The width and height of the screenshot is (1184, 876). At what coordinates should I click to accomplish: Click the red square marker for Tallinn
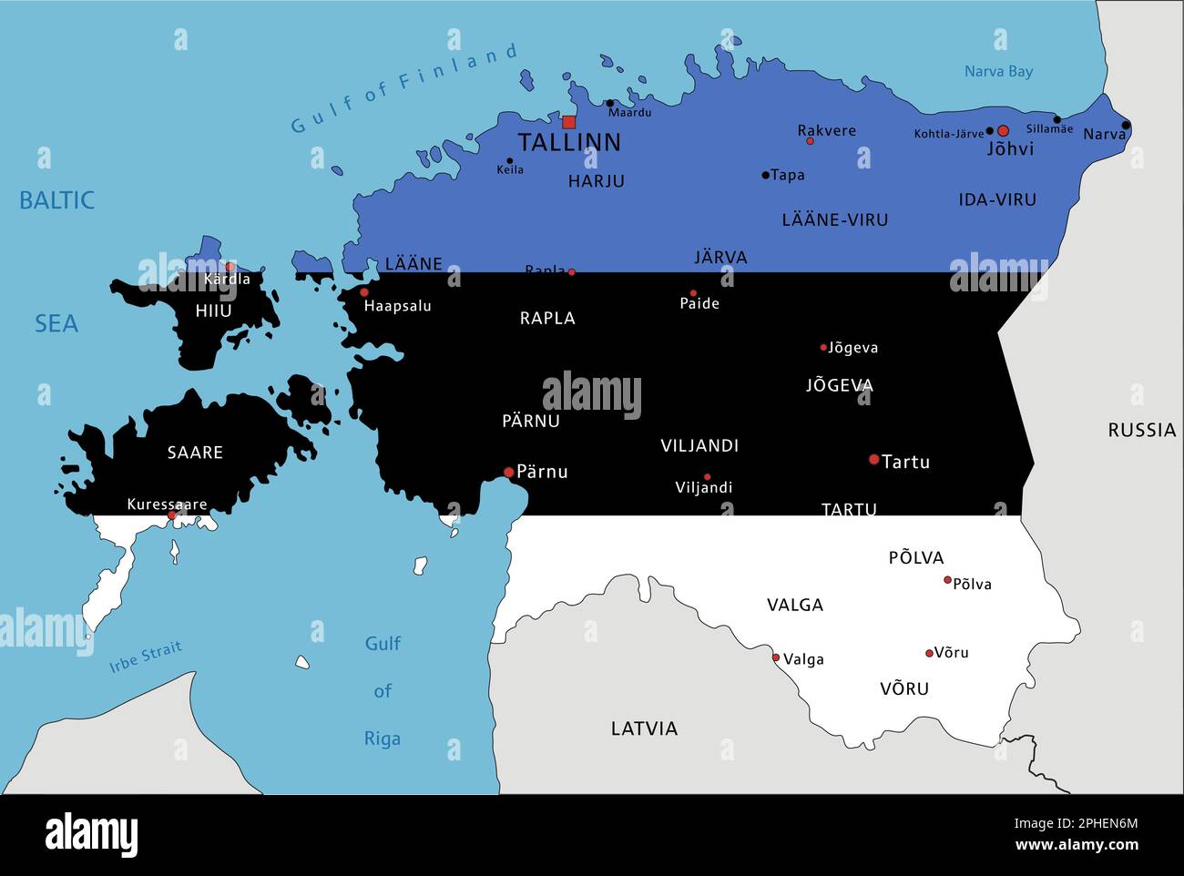(x=569, y=122)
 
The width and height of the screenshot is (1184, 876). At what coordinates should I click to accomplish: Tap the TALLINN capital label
(x=569, y=142)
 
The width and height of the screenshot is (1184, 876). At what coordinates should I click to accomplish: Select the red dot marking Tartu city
(x=874, y=460)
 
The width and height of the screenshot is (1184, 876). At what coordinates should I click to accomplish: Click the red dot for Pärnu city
(x=509, y=472)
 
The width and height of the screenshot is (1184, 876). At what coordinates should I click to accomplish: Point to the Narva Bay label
(x=998, y=71)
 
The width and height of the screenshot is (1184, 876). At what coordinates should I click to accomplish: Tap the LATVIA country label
(x=644, y=728)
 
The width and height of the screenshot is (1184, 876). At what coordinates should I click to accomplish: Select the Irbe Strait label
(x=146, y=657)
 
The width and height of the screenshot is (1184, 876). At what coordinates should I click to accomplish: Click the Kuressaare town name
(x=167, y=504)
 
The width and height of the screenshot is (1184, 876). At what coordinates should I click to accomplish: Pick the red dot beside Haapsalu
(x=364, y=292)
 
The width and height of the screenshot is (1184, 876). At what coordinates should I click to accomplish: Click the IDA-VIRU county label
(x=997, y=199)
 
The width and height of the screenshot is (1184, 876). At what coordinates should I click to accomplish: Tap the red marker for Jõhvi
(x=1003, y=131)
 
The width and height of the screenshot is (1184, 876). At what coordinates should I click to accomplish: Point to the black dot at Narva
(x=1126, y=126)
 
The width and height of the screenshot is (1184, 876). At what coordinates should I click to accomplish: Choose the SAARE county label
(x=195, y=453)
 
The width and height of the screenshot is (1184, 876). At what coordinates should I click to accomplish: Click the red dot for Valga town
(x=776, y=657)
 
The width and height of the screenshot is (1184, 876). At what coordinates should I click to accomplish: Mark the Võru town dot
(x=929, y=653)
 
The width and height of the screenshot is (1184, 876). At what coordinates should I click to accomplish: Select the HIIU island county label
(x=213, y=311)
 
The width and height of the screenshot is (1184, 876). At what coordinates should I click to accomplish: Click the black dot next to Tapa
(x=765, y=175)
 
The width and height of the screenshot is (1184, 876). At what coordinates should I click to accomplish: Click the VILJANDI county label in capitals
(x=699, y=446)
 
